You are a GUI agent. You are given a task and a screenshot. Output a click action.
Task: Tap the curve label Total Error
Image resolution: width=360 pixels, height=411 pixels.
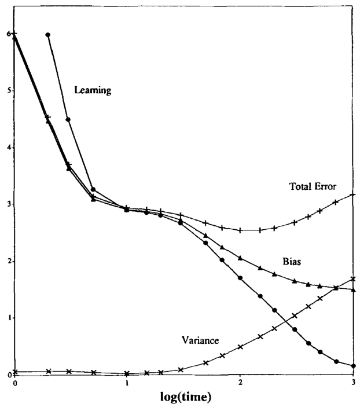313,186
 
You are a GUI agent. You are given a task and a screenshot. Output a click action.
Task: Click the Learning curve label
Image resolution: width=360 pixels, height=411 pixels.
93,90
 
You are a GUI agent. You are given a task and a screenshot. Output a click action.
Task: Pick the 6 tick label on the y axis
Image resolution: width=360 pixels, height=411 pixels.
7,34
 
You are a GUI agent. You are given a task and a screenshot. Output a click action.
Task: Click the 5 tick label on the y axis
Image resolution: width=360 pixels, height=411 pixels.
7,91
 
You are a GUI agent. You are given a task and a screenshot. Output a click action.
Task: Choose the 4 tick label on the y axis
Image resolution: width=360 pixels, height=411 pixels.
7,148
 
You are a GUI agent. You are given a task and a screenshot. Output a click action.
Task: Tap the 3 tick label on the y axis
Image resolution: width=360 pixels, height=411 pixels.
7,204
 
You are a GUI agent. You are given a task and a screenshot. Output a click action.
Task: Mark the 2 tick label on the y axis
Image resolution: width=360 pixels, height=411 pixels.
7,261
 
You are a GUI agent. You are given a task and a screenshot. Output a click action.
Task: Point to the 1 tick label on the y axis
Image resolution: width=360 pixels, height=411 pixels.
7,318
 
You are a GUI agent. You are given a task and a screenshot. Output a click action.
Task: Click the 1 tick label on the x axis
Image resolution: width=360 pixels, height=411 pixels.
127,383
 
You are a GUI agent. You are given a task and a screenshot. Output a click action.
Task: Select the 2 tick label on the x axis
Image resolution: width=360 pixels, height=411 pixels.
240,383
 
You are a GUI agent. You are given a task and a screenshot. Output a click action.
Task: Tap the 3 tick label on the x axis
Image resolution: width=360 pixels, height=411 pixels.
352,383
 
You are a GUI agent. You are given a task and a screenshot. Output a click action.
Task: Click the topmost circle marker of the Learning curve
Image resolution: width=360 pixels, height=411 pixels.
48,35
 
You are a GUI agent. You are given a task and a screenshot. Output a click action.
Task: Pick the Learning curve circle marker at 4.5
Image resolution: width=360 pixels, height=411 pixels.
68,119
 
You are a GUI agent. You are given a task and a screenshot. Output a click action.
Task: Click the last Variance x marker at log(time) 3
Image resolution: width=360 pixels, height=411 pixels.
352,279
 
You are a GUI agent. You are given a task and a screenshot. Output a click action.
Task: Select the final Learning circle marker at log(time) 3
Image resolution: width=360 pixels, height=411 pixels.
352,366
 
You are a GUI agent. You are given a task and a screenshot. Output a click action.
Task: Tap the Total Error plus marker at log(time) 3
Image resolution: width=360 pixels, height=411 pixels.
352,195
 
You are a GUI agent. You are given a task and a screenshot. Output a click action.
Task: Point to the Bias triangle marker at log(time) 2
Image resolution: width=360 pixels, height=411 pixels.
240,258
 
